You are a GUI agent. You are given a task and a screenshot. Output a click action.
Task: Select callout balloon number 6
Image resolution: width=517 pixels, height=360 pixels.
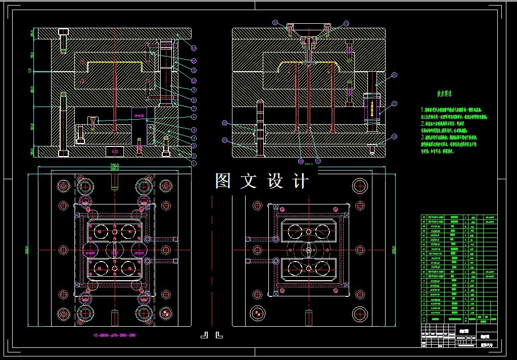(194, 117)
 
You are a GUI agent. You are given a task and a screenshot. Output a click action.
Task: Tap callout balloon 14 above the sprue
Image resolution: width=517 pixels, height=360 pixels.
(275, 23)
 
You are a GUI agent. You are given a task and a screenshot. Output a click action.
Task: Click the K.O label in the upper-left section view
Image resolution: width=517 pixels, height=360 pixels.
(114, 151)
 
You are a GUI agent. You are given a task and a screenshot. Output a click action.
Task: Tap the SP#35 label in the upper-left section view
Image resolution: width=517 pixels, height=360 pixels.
(139, 116)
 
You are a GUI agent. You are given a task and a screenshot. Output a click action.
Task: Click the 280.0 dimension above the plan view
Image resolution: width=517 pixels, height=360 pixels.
(115, 169)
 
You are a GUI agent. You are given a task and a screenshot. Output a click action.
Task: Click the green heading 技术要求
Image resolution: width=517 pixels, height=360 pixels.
(444, 93)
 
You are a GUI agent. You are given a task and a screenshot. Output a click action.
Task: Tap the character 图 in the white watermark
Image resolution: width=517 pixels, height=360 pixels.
(224, 180)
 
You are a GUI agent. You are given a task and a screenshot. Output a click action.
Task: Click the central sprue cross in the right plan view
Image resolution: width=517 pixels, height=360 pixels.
(308, 250)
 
